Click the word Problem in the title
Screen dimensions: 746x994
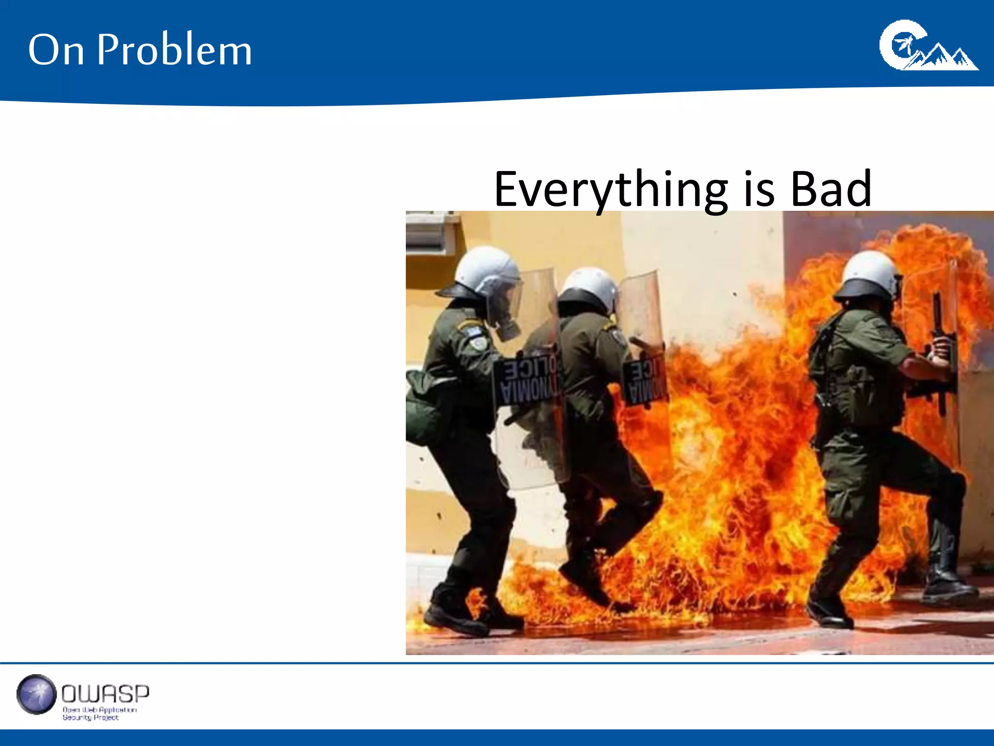(175, 50)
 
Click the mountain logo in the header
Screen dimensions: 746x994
(928, 46)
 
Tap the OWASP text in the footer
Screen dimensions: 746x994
(105, 694)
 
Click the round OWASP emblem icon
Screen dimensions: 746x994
(36, 695)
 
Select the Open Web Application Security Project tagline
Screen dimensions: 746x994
(99, 713)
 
